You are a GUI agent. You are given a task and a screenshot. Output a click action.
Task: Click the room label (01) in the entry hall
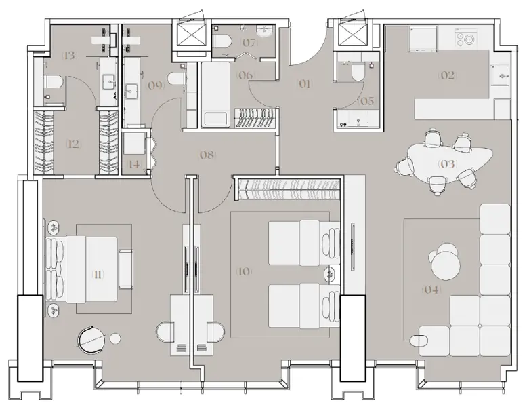tap(304, 84)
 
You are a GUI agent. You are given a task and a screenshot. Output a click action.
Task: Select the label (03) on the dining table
tap(448, 164)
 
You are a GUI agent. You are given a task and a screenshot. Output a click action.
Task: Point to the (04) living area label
tap(431, 290)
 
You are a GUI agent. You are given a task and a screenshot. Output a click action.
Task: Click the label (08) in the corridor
tap(207, 155)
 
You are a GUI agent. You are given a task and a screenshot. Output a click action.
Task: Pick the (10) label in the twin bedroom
tap(244, 271)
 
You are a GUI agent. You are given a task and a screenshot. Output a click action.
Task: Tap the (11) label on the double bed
tap(98, 275)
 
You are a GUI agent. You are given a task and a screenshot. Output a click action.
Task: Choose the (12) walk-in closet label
tap(72, 144)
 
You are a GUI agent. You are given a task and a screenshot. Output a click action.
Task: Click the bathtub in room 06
tap(216, 95)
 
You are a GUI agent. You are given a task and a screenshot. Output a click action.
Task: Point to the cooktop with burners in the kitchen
tap(467, 38)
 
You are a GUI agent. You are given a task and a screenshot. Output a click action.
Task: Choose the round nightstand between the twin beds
tap(330, 275)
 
